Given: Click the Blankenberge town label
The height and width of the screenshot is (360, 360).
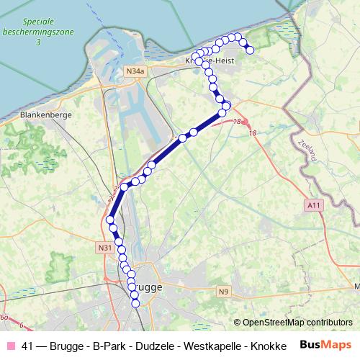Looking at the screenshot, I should tap(44, 114).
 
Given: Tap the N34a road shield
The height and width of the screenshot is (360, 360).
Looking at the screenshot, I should tap(135, 71).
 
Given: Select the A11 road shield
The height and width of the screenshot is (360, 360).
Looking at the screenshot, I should tap(312, 205).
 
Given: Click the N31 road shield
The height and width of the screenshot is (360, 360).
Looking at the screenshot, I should tap(104, 247).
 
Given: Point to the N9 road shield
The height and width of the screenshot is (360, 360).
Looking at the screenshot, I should tap(224, 291).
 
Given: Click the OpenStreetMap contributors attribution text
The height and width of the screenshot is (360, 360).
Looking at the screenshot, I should tap(297, 323).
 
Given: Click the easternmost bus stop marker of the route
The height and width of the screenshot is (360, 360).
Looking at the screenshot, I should tap(250, 50).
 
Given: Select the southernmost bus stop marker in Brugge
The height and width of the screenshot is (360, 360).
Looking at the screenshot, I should tap(136, 303).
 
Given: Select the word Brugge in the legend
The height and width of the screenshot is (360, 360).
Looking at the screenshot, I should tap(67, 346).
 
